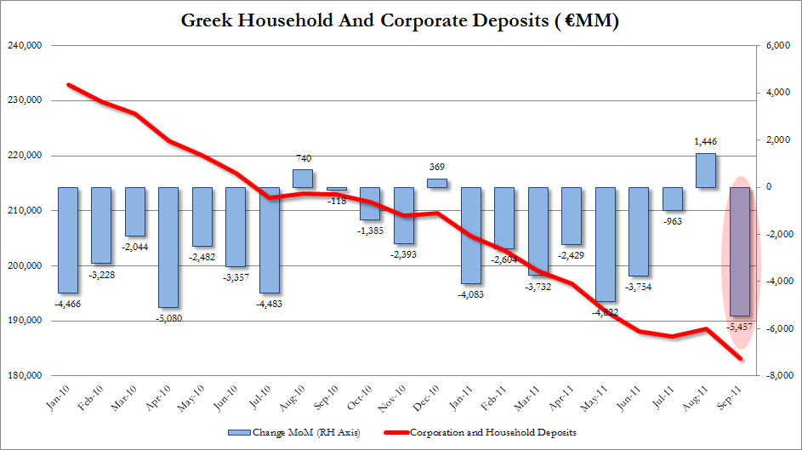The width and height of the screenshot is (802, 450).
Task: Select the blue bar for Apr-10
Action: (x=168, y=247)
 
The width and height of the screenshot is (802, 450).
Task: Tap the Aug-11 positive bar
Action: (x=706, y=170)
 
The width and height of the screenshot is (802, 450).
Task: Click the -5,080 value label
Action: (x=168, y=318)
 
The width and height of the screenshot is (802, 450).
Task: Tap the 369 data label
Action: (x=436, y=168)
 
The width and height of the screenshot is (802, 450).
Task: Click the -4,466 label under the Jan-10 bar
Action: (x=67, y=303)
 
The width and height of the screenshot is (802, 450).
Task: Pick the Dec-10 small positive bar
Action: (x=436, y=183)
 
